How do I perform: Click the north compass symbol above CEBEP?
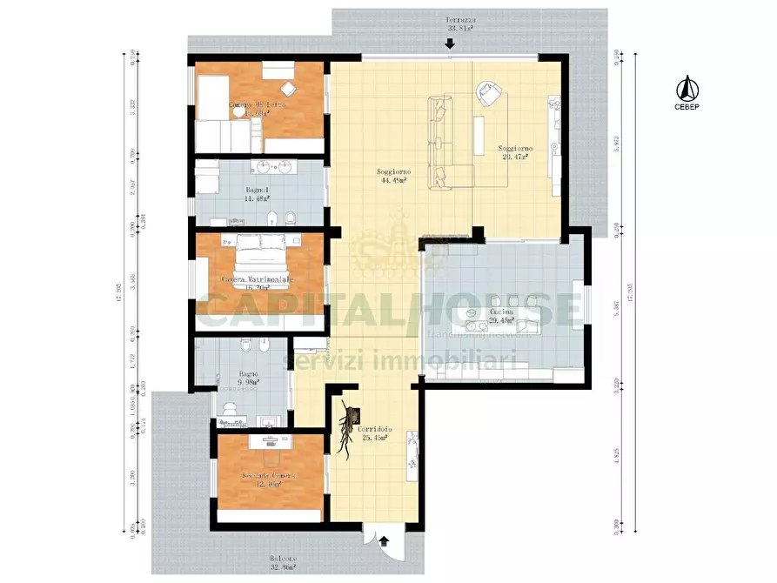686,87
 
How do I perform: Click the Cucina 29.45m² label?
501,316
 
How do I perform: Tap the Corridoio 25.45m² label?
373,433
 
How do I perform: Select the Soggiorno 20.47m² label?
517,153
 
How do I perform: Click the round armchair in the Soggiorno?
487,92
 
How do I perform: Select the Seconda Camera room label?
268,480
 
